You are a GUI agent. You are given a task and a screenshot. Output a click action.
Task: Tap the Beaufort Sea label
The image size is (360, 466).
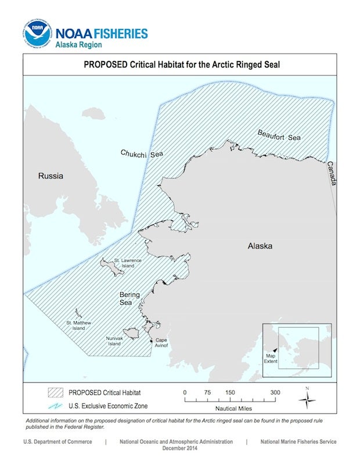279,135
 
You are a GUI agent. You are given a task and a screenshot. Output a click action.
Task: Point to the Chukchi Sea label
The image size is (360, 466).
142,154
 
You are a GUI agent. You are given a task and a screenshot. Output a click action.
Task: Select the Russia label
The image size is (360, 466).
51,176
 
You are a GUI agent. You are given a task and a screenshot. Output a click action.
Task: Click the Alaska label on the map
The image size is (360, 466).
260,246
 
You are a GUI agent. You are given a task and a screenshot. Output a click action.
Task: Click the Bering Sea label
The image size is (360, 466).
129,299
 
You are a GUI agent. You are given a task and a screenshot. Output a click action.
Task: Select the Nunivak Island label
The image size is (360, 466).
114,340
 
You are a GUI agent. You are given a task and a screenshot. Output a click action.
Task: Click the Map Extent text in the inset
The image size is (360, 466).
271,359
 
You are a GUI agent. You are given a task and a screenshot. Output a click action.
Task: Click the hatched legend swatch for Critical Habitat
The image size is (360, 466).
55,392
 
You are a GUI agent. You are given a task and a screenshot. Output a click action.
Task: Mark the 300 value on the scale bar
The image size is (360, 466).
275,392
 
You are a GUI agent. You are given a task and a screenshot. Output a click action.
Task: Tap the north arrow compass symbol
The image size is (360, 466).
307,400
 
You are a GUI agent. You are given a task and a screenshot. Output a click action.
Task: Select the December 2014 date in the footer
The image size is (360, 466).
176,449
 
